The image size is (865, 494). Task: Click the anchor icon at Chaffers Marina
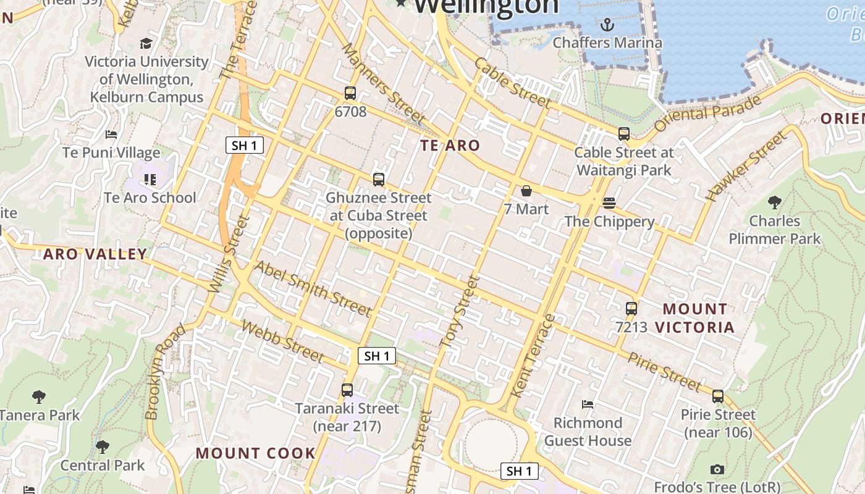coord(607,25)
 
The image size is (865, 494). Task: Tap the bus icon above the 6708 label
coord(350,93)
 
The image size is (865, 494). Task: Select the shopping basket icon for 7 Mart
coord(526,191)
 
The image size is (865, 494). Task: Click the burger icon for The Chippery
coord(609,203)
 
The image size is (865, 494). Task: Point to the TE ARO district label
coord(450,146)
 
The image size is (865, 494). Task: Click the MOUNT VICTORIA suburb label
coord(695,318)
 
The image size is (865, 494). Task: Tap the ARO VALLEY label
coord(95,254)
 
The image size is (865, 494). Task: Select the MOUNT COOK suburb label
coord(256,453)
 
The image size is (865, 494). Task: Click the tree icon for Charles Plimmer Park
coord(774,202)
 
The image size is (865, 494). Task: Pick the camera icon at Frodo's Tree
coord(717,469)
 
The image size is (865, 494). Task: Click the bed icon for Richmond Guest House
coord(588,404)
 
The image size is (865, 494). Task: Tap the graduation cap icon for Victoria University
coord(146,43)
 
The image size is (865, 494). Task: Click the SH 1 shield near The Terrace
coord(245,146)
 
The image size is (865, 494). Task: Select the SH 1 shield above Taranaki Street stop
coord(377,356)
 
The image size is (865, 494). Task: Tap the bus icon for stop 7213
coord(631,308)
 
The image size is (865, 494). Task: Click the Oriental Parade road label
coord(707,113)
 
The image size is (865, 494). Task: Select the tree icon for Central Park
coord(103,446)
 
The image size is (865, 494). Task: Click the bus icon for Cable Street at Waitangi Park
coord(624,134)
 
